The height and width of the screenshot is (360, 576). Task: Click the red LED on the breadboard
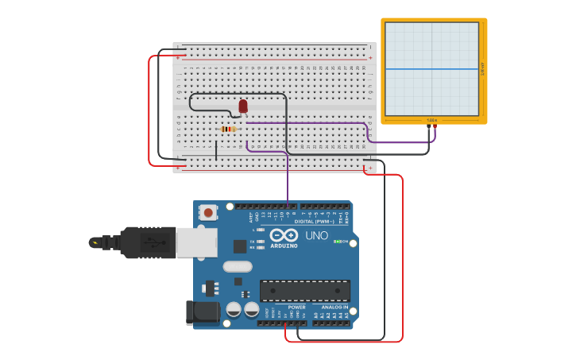coord(243,106)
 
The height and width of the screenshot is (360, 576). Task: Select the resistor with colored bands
coord(228,130)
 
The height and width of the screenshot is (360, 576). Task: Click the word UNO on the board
coord(316,236)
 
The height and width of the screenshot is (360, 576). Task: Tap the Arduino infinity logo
coord(284,235)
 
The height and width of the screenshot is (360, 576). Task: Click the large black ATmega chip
coord(304,290)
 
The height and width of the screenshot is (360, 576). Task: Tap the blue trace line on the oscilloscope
coord(432,69)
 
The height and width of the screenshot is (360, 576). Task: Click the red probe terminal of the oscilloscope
coord(435,126)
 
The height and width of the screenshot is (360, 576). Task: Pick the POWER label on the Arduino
coord(296,307)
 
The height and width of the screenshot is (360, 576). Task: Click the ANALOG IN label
coord(334,307)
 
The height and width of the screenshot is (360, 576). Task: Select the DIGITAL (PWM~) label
coord(314,222)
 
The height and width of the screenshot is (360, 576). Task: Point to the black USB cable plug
coord(148,242)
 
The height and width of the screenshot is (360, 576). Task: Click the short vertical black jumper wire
coord(216,150)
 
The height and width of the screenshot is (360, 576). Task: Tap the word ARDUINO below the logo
coord(284,246)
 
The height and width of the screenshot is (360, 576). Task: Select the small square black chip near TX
coord(240,246)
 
